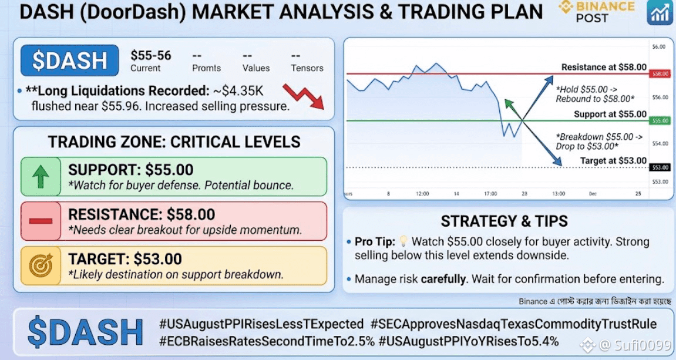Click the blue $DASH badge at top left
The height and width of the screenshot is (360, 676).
69,60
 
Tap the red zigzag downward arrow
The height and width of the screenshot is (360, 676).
304,96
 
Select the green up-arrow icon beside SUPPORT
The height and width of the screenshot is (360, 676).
41,177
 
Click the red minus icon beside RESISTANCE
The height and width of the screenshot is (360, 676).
41,221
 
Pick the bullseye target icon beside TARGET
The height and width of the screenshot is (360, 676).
41,265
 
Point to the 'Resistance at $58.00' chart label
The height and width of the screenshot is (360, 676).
604,68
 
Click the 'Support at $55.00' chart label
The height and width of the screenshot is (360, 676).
610,115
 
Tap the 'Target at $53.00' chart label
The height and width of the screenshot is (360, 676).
613,161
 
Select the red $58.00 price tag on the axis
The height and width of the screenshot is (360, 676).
660,74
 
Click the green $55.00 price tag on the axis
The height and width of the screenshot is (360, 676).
660,121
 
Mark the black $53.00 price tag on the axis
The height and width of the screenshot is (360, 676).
660,167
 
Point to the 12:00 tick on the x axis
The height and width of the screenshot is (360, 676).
422,194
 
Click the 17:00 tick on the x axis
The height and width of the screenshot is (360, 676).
490,194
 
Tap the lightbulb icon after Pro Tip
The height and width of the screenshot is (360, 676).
403,241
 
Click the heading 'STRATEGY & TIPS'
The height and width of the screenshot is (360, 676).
504,221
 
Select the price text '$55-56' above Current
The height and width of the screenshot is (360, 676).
151,56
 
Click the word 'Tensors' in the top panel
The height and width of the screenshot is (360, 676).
307,68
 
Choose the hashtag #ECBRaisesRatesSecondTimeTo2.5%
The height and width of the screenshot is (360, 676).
267,341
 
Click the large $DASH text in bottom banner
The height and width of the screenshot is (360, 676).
85,332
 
